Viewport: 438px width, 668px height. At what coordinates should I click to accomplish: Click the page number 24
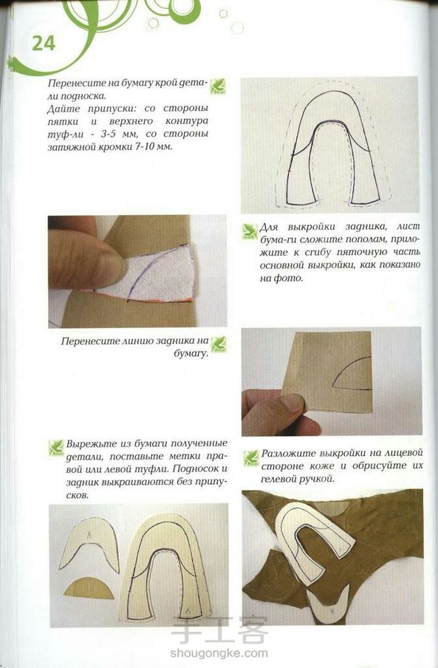coord(44,44)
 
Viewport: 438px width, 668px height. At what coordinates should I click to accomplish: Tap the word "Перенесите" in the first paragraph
coord(69,83)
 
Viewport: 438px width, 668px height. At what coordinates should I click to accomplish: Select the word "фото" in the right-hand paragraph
coord(292,279)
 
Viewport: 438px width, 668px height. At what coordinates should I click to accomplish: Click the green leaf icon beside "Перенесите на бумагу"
coord(218,86)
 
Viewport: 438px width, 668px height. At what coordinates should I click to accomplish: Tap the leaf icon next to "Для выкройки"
coord(250,231)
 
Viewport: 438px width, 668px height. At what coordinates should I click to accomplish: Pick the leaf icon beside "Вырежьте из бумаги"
coord(56,448)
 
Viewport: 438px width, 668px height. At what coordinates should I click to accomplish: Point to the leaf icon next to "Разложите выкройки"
coord(251,458)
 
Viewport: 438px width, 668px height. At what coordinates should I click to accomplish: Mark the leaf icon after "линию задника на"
coord(219,344)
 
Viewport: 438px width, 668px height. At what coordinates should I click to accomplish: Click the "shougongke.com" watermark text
coord(219,652)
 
